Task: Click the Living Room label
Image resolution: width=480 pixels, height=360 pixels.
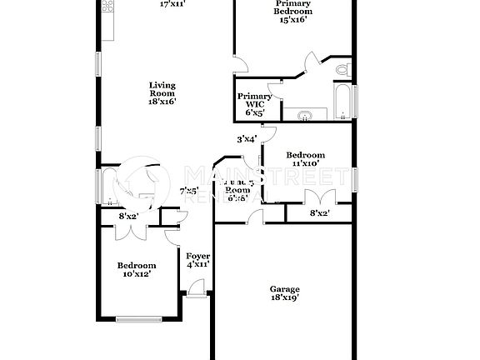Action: click(x=162, y=92)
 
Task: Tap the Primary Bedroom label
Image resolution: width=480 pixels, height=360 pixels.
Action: click(x=293, y=10)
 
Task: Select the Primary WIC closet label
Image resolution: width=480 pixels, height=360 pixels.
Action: click(x=254, y=104)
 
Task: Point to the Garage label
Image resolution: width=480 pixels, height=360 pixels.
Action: click(x=284, y=292)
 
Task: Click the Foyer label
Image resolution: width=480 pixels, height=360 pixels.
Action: click(x=197, y=260)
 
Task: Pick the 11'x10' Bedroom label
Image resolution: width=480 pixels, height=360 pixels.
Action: click(x=305, y=160)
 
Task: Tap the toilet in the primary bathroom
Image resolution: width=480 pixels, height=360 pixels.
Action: click(x=342, y=70)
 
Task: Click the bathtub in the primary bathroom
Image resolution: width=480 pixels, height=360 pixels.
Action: click(x=342, y=100)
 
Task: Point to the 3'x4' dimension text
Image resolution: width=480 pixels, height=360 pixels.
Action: click(x=247, y=139)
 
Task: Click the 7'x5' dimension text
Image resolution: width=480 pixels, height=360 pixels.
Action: click(x=189, y=192)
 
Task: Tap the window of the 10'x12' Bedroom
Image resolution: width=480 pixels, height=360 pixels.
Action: click(x=139, y=318)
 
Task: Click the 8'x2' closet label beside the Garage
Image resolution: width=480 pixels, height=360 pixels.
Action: click(x=319, y=214)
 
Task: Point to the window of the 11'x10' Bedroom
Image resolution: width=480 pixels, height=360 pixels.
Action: click(x=355, y=179)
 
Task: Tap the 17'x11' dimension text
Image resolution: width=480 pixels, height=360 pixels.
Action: click(x=172, y=4)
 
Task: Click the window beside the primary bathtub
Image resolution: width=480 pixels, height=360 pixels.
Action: click(x=355, y=99)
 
